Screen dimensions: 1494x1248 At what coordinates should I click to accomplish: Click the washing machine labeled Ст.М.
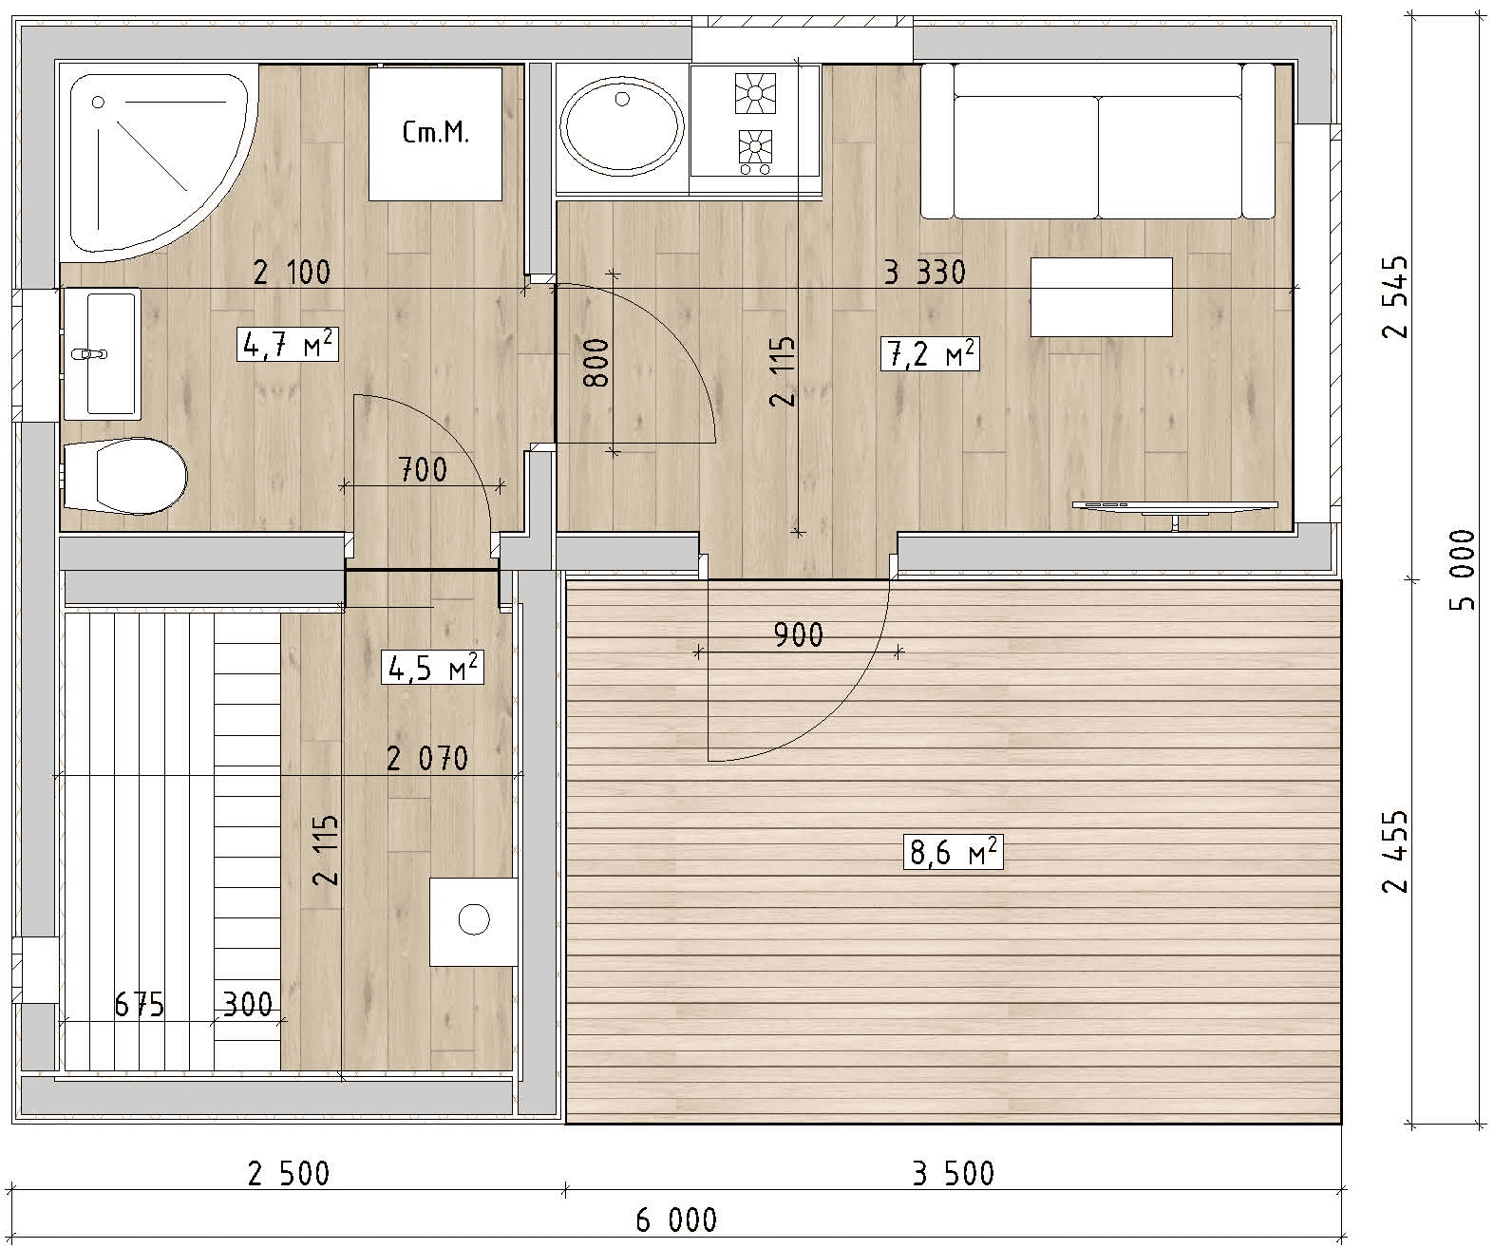[435, 134]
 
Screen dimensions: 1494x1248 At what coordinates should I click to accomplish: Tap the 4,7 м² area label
[288, 344]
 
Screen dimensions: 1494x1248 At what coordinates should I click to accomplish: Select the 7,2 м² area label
[930, 353]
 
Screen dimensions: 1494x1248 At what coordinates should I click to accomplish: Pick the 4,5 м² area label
[432, 667]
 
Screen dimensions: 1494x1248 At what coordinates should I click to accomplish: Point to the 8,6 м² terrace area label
[954, 852]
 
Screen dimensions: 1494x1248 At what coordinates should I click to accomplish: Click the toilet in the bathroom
[125, 475]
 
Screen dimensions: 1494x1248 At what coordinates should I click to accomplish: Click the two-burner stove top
[754, 122]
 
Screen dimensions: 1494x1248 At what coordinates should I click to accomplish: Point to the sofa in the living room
[1098, 141]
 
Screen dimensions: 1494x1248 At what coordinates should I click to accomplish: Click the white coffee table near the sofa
[1101, 297]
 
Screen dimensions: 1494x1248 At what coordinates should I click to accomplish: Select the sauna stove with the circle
[474, 921]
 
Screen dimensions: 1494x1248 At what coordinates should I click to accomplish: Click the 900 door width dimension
[799, 635]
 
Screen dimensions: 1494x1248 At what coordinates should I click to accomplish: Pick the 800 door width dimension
[596, 363]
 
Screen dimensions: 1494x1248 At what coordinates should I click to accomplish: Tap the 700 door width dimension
[423, 470]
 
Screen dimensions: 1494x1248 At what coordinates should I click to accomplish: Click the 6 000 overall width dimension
[676, 1220]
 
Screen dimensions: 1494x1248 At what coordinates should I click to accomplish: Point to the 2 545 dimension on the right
[1395, 296]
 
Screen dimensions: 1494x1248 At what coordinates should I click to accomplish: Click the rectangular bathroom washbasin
[102, 353]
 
